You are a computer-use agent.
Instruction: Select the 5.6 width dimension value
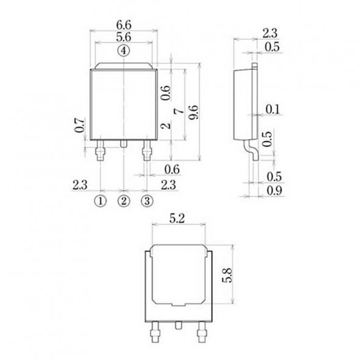click(x=123, y=38)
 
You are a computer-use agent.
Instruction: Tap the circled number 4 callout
click(x=124, y=50)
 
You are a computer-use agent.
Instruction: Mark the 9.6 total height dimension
click(x=194, y=113)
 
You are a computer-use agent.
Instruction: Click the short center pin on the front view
click(x=123, y=144)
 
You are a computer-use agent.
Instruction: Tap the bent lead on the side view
click(x=249, y=149)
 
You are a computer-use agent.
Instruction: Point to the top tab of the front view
click(x=123, y=66)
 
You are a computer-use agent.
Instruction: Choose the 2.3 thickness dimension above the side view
click(x=271, y=33)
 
